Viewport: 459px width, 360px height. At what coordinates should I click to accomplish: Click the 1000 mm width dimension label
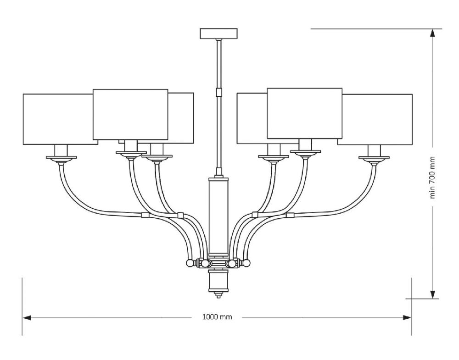pyautogui.click(x=217, y=317)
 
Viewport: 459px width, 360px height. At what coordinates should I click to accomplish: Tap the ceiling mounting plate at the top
pyautogui.click(x=219, y=33)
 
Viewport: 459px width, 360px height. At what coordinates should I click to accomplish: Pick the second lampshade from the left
pyautogui.click(x=130, y=114)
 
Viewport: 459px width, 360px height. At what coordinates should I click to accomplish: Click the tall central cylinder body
pyautogui.click(x=219, y=216)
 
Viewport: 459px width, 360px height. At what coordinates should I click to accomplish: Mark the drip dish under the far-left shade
pyautogui.click(x=61, y=158)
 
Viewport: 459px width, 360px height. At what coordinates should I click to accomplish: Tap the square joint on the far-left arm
pyautogui.click(x=145, y=214)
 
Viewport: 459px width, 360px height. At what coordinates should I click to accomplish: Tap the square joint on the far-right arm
pyautogui.click(x=290, y=214)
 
